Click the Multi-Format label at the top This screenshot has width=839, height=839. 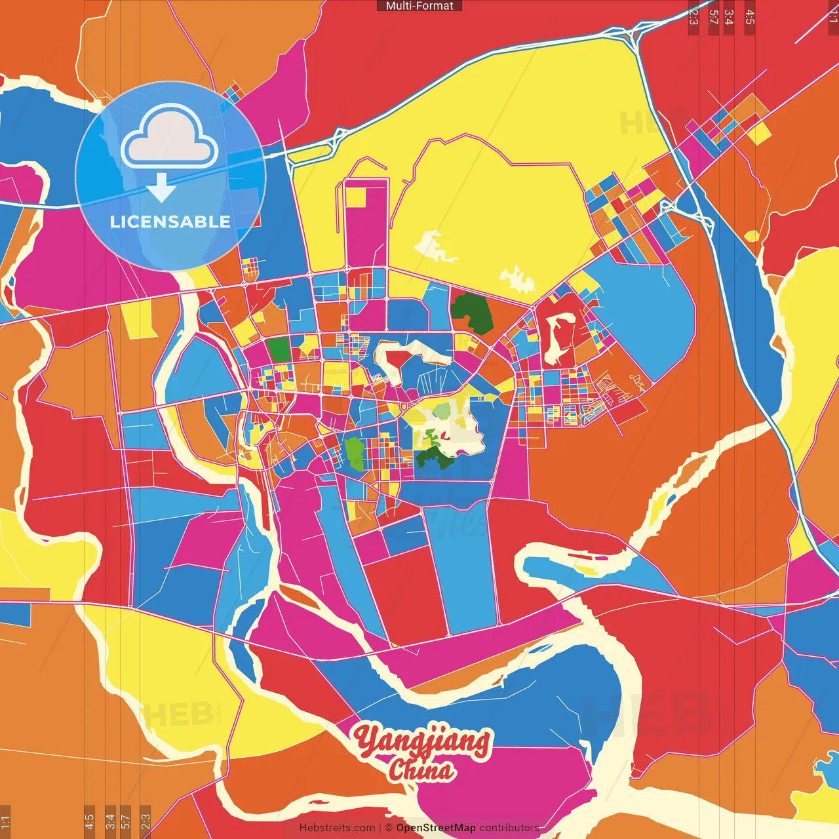coord(419,6)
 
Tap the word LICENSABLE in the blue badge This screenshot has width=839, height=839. coord(170,222)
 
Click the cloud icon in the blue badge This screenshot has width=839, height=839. coord(170,138)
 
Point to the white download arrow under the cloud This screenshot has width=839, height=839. coord(161,187)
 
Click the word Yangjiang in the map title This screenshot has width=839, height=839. coord(423,741)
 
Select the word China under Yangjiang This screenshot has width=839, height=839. coord(421,770)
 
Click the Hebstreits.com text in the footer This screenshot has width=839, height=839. coord(337,828)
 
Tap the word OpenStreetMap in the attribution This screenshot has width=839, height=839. coord(435,828)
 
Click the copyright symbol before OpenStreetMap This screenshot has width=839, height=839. coord(389,828)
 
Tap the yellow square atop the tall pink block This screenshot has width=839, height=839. coord(357,197)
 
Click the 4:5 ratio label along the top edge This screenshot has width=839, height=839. coord(750,17)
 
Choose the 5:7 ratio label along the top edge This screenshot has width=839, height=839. coord(713,17)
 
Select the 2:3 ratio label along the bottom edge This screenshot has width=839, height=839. coord(145,821)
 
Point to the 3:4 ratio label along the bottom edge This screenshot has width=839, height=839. coord(110,821)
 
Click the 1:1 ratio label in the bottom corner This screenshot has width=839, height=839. coord(5,821)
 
